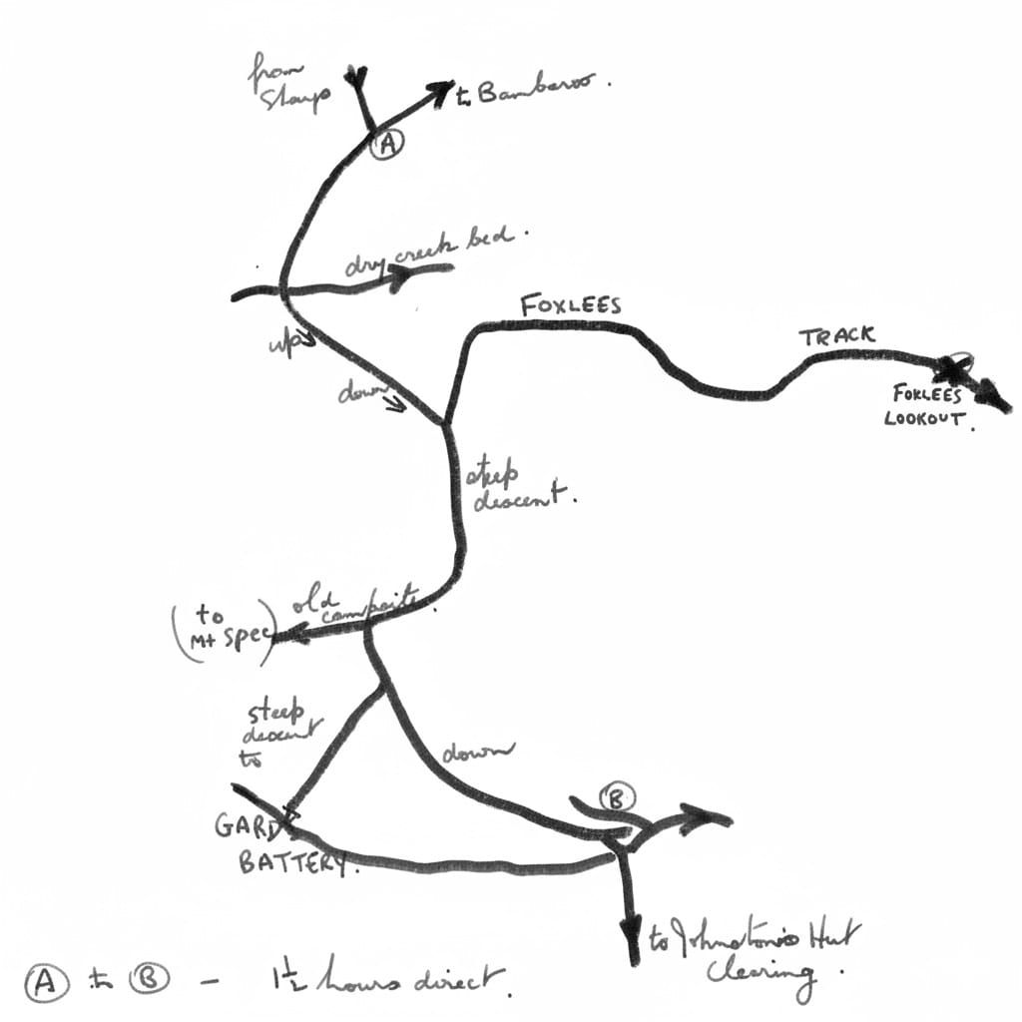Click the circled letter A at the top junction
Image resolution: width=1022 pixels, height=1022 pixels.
387,145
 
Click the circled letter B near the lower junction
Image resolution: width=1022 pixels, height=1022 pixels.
618,797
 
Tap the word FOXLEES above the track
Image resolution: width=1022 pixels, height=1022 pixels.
571,304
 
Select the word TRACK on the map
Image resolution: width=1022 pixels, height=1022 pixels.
836,336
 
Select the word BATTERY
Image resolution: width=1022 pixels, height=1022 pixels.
294,861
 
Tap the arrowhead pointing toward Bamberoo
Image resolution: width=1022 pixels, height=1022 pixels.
440,92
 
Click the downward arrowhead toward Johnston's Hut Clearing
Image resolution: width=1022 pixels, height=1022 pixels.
631,944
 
